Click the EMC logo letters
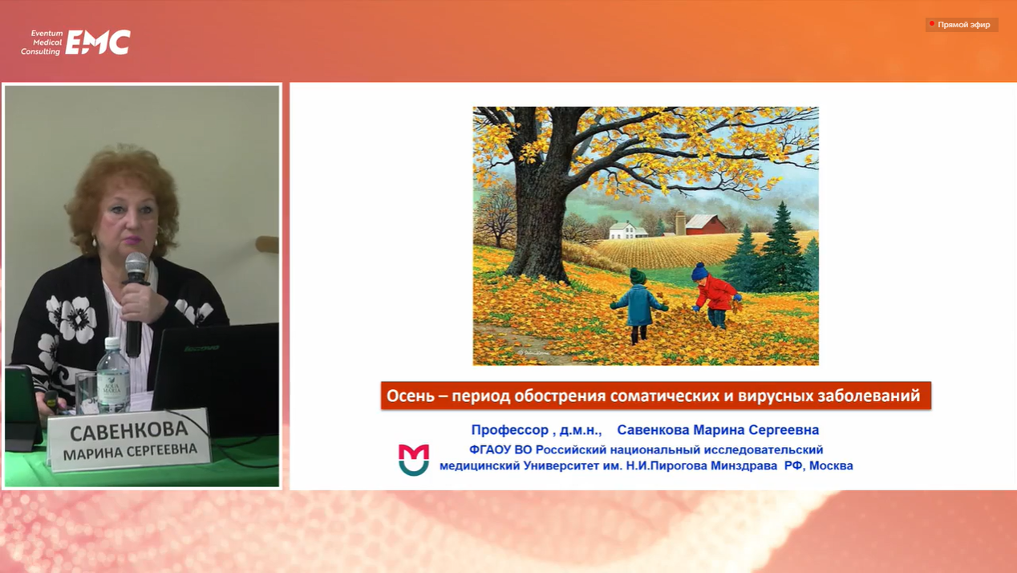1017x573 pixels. (98, 43)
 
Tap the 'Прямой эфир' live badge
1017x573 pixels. (962, 25)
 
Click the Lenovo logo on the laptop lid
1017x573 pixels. (201, 348)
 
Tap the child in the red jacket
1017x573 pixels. (715, 295)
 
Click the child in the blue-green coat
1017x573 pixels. (638, 306)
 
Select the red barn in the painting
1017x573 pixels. (705, 225)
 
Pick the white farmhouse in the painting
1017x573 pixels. (628, 230)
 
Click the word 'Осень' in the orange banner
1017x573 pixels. (411, 396)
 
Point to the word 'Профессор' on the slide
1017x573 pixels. (509, 430)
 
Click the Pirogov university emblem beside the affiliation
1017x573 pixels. (414, 460)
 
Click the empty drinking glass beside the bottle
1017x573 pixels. (87, 393)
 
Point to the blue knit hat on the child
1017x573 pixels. (699, 271)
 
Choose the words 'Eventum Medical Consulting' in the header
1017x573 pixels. (42, 43)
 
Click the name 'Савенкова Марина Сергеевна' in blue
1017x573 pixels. (718, 430)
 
